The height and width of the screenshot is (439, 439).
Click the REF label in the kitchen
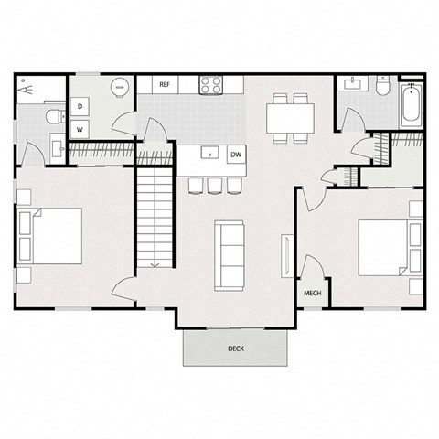coord(165,85)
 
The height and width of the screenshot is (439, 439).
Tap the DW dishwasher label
coord(236,155)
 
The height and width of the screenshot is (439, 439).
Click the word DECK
coord(237,348)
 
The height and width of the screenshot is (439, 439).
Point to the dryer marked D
coord(81,107)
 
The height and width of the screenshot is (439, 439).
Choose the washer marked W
coord(81,129)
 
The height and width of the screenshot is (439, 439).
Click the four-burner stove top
coord(211,85)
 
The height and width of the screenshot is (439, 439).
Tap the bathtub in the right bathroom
coord(409,104)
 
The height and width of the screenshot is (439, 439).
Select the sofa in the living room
coord(229,253)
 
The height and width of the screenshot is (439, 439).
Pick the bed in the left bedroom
coord(50,236)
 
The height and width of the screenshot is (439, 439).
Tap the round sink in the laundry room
coord(120,87)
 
